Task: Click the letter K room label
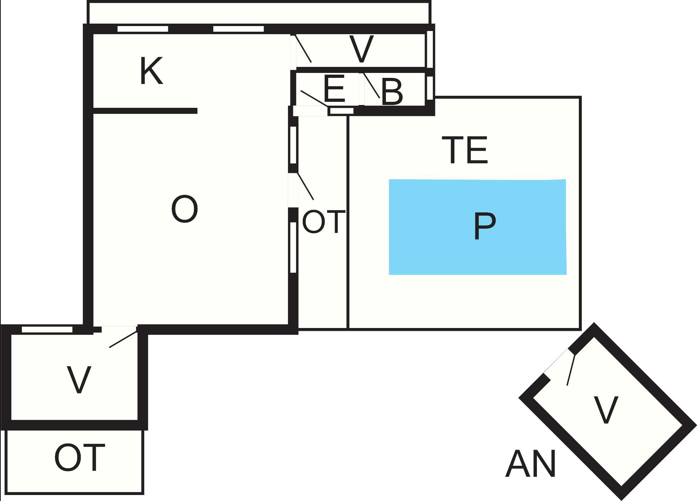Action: (x=151, y=72)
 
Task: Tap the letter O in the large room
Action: (x=184, y=209)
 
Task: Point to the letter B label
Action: (x=392, y=92)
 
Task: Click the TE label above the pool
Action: (x=465, y=150)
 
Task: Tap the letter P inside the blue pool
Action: (x=484, y=226)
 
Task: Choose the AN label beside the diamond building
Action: (x=531, y=463)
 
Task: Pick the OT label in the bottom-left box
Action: (x=80, y=458)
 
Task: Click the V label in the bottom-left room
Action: (x=79, y=380)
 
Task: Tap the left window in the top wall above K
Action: (x=142, y=29)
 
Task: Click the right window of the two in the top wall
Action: (x=239, y=29)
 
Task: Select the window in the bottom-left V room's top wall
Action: (x=47, y=329)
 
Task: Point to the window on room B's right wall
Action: (x=430, y=88)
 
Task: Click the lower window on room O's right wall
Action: (x=293, y=247)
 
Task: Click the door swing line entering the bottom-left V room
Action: (x=123, y=339)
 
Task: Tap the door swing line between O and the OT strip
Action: (x=305, y=186)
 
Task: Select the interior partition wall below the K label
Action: (x=145, y=111)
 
